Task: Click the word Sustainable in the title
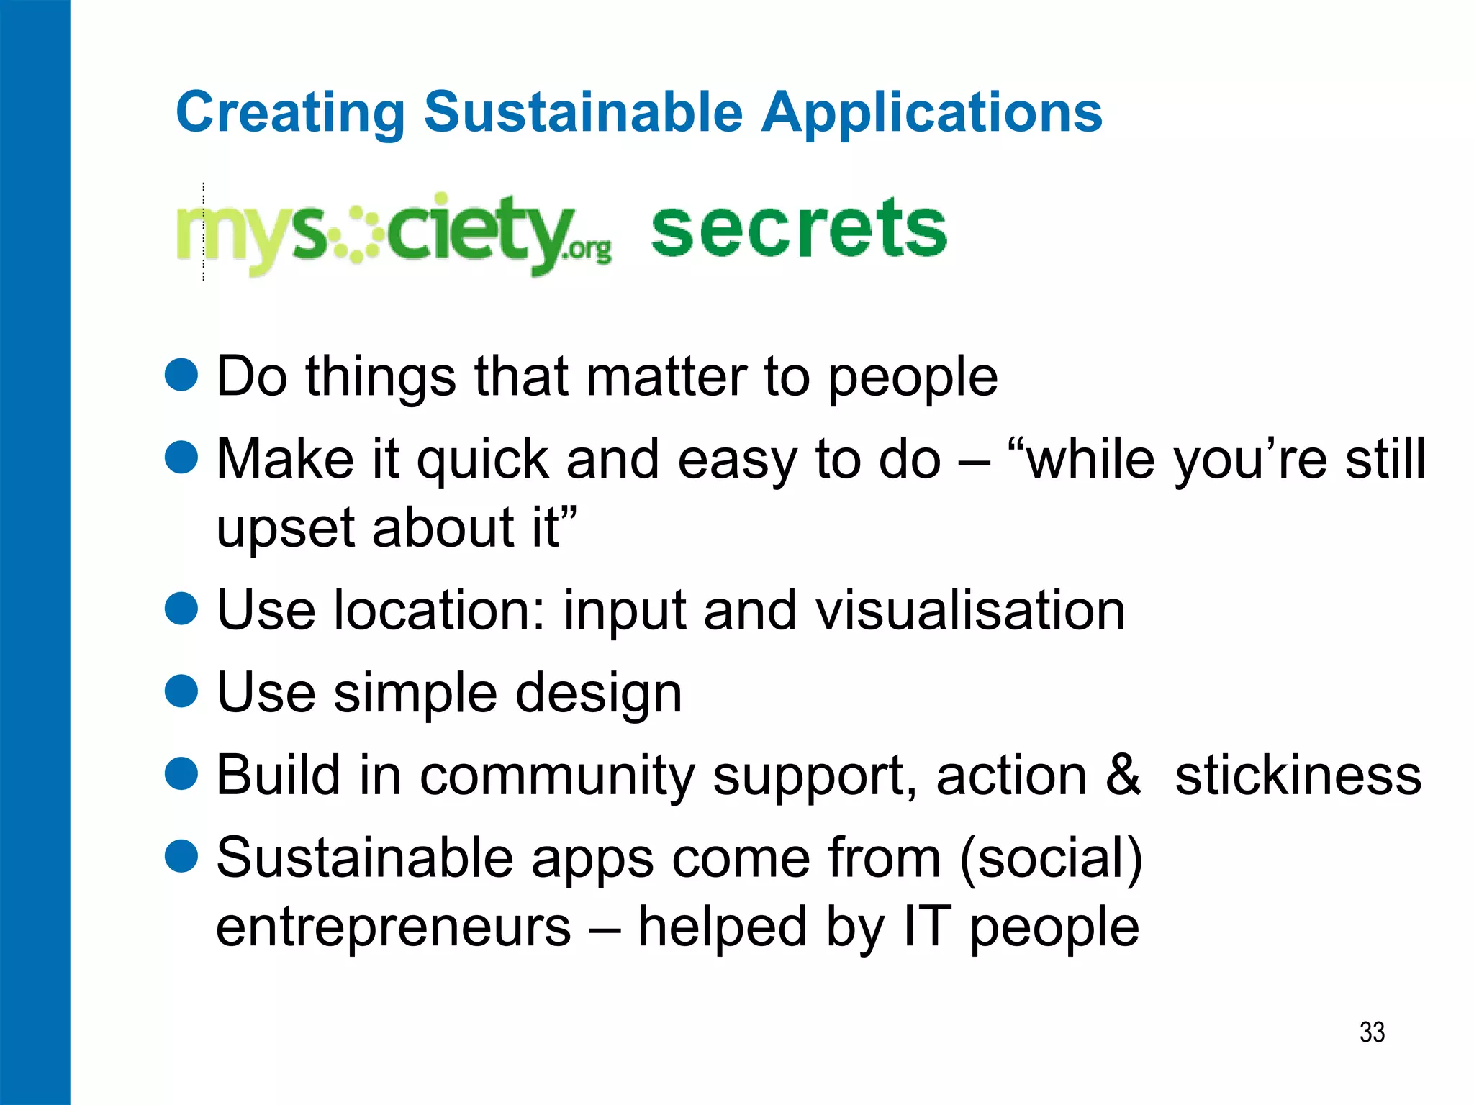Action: [583, 113]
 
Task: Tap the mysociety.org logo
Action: [394, 232]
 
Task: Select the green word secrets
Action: [799, 228]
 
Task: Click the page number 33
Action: [1372, 1032]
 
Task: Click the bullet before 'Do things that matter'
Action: [181, 376]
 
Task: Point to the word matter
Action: [666, 377]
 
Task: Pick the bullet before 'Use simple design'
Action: [181, 691]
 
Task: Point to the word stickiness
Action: [1298, 776]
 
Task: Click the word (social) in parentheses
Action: [1051, 859]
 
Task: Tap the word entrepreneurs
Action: [394, 928]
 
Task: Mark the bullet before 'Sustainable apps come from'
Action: [181, 856]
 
